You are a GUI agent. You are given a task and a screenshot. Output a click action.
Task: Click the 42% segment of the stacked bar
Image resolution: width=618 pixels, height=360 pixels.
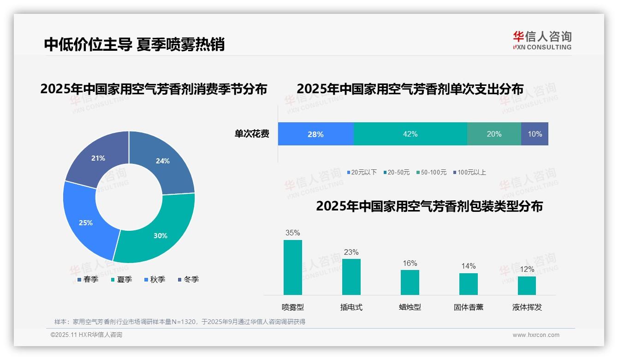point(410,134)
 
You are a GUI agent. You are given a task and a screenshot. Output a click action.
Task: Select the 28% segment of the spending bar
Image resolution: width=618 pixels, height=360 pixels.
point(315,134)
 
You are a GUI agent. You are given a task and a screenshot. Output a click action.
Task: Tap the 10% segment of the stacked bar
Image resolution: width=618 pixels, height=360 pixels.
point(535,134)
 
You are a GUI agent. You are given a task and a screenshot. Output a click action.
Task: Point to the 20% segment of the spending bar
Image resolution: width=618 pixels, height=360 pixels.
point(494,134)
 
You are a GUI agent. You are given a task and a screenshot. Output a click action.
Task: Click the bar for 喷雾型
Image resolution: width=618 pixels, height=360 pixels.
point(293,267)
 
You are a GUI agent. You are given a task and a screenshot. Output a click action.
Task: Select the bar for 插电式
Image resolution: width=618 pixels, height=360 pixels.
point(351,276)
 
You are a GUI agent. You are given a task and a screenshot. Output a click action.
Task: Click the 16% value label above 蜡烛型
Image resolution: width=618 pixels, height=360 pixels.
point(410,263)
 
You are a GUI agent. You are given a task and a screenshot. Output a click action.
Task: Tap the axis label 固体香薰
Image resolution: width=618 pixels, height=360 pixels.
point(469,307)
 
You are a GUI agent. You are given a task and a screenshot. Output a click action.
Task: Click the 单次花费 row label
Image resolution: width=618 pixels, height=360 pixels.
point(252,134)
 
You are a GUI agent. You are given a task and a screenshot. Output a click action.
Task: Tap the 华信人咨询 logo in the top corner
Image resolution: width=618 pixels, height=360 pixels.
point(542,40)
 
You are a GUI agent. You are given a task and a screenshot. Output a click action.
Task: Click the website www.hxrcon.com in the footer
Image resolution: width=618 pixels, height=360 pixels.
point(536,335)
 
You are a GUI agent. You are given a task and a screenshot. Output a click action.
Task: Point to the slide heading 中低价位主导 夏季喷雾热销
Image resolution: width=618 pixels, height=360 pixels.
point(134,44)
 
